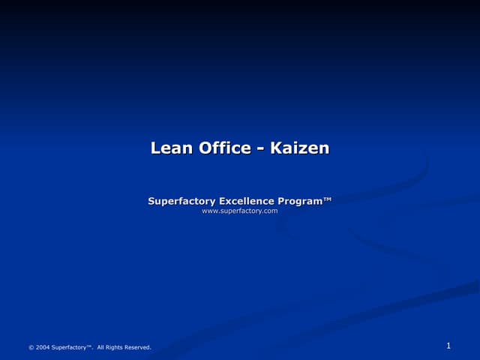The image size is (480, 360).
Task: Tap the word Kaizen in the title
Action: (299, 148)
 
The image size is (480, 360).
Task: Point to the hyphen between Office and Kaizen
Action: (259, 149)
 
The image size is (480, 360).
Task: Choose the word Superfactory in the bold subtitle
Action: (181, 201)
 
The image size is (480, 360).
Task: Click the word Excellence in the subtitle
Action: (246, 201)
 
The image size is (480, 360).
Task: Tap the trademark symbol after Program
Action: (328, 199)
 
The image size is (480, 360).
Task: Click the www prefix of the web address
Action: (210, 211)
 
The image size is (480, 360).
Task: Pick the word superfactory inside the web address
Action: (239, 211)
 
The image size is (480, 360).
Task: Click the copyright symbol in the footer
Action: (31, 347)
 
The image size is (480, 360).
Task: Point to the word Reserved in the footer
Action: (138, 347)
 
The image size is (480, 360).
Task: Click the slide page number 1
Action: (448, 346)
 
